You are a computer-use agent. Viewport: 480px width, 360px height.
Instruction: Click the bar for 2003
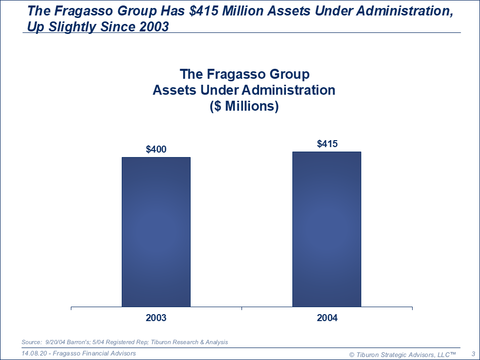click(x=156, y=232)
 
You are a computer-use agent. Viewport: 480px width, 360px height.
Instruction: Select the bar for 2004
click(x=327, y=229)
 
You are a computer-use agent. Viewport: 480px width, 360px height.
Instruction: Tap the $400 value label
click(x=156, y=149)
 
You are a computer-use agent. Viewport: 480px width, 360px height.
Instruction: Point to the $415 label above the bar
click(x=327, y=144)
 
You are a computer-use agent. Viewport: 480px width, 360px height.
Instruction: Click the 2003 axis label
click(x=156, y=318)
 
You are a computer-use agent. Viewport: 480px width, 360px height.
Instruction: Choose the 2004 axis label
click(x=327, y=318)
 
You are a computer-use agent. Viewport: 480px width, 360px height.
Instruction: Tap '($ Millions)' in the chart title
click(x=244, y=106)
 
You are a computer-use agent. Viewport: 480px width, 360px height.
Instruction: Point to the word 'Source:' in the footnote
click(x=31, y=342)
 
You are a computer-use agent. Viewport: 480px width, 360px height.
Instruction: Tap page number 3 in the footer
click(x=473, y=354)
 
